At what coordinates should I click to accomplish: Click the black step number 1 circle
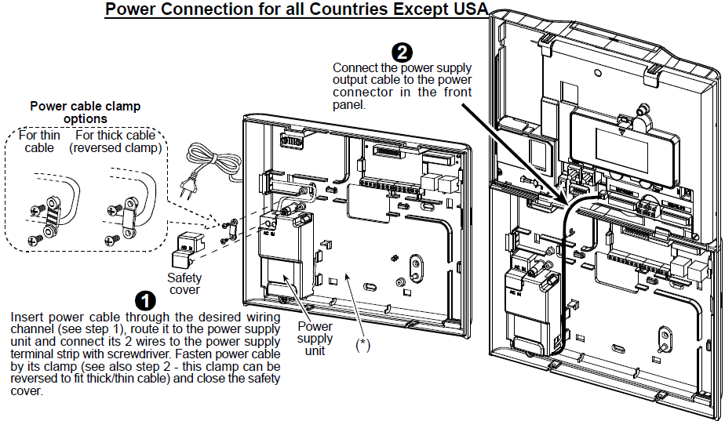[145, 301]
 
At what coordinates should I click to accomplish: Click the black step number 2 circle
[402, 52]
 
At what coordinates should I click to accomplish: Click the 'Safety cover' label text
[184, 284]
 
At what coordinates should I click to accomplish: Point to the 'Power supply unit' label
[315, 338]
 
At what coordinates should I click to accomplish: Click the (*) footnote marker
[363, 345]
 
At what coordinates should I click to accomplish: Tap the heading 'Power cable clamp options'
[86, 112]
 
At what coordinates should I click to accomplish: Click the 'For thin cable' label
[39, 141]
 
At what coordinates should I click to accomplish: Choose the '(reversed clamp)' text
[115, 148]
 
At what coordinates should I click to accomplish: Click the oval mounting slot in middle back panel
[371, 288]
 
